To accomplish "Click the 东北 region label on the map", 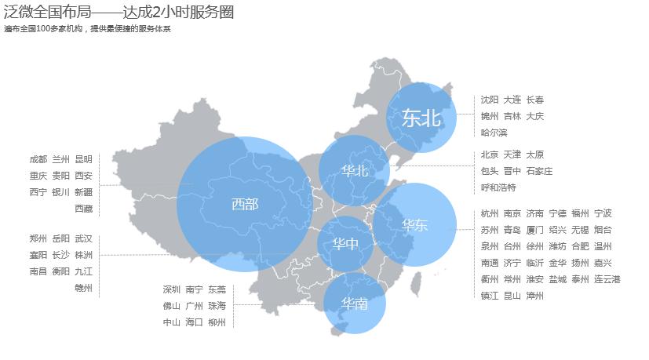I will tap(421, 118).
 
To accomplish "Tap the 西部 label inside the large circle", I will tap(245, 204).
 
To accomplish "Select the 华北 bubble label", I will tap(355, 171).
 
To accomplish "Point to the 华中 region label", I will tap(345, 244).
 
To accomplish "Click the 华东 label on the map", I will tap(414, 225).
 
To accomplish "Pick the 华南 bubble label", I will tap(355, 304).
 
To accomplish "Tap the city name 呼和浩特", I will tap(498, 187).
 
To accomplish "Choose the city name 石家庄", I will tap(539, 171).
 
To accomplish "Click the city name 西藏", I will tap(83, 209).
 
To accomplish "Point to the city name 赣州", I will tap(83, 288).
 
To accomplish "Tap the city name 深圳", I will tap(172, 289).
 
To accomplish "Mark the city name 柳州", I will tap(217, 322).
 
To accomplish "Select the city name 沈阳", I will tap(490, 100).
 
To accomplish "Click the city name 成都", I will tap(38, 159).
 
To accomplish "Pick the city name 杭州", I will tap(490, 213).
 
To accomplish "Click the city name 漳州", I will tap(535, 296).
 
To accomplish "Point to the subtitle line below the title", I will tap(87, 29).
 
